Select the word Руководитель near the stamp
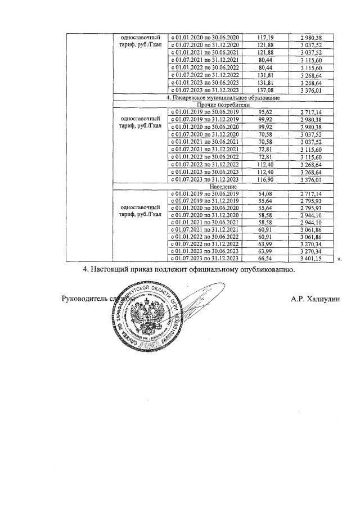click(x=84, y=299)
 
